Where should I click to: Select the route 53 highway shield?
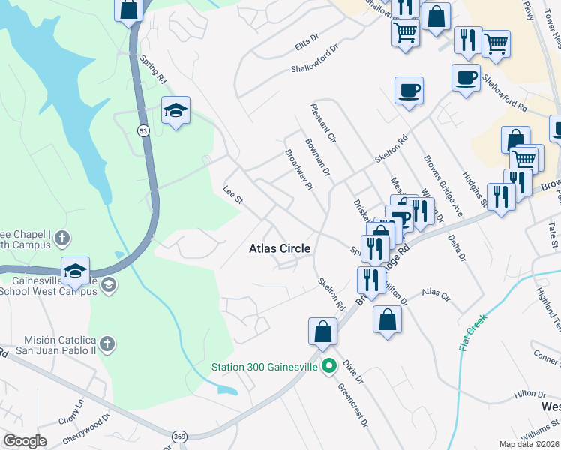pyautogui.click(x=142, y=130)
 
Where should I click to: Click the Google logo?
pyautogui.click(x=25, y=441)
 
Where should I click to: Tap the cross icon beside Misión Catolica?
pyautogui.click(x=107, y=344)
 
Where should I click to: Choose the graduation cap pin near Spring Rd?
pyautogui.click(x=175, y=111)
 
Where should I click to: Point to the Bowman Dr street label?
pyautogui.click(x=318, y=157)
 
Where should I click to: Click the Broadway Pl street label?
pyautogui.click(x=298, y=169)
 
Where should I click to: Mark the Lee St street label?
pyautogui.click(x=232, y=195)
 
